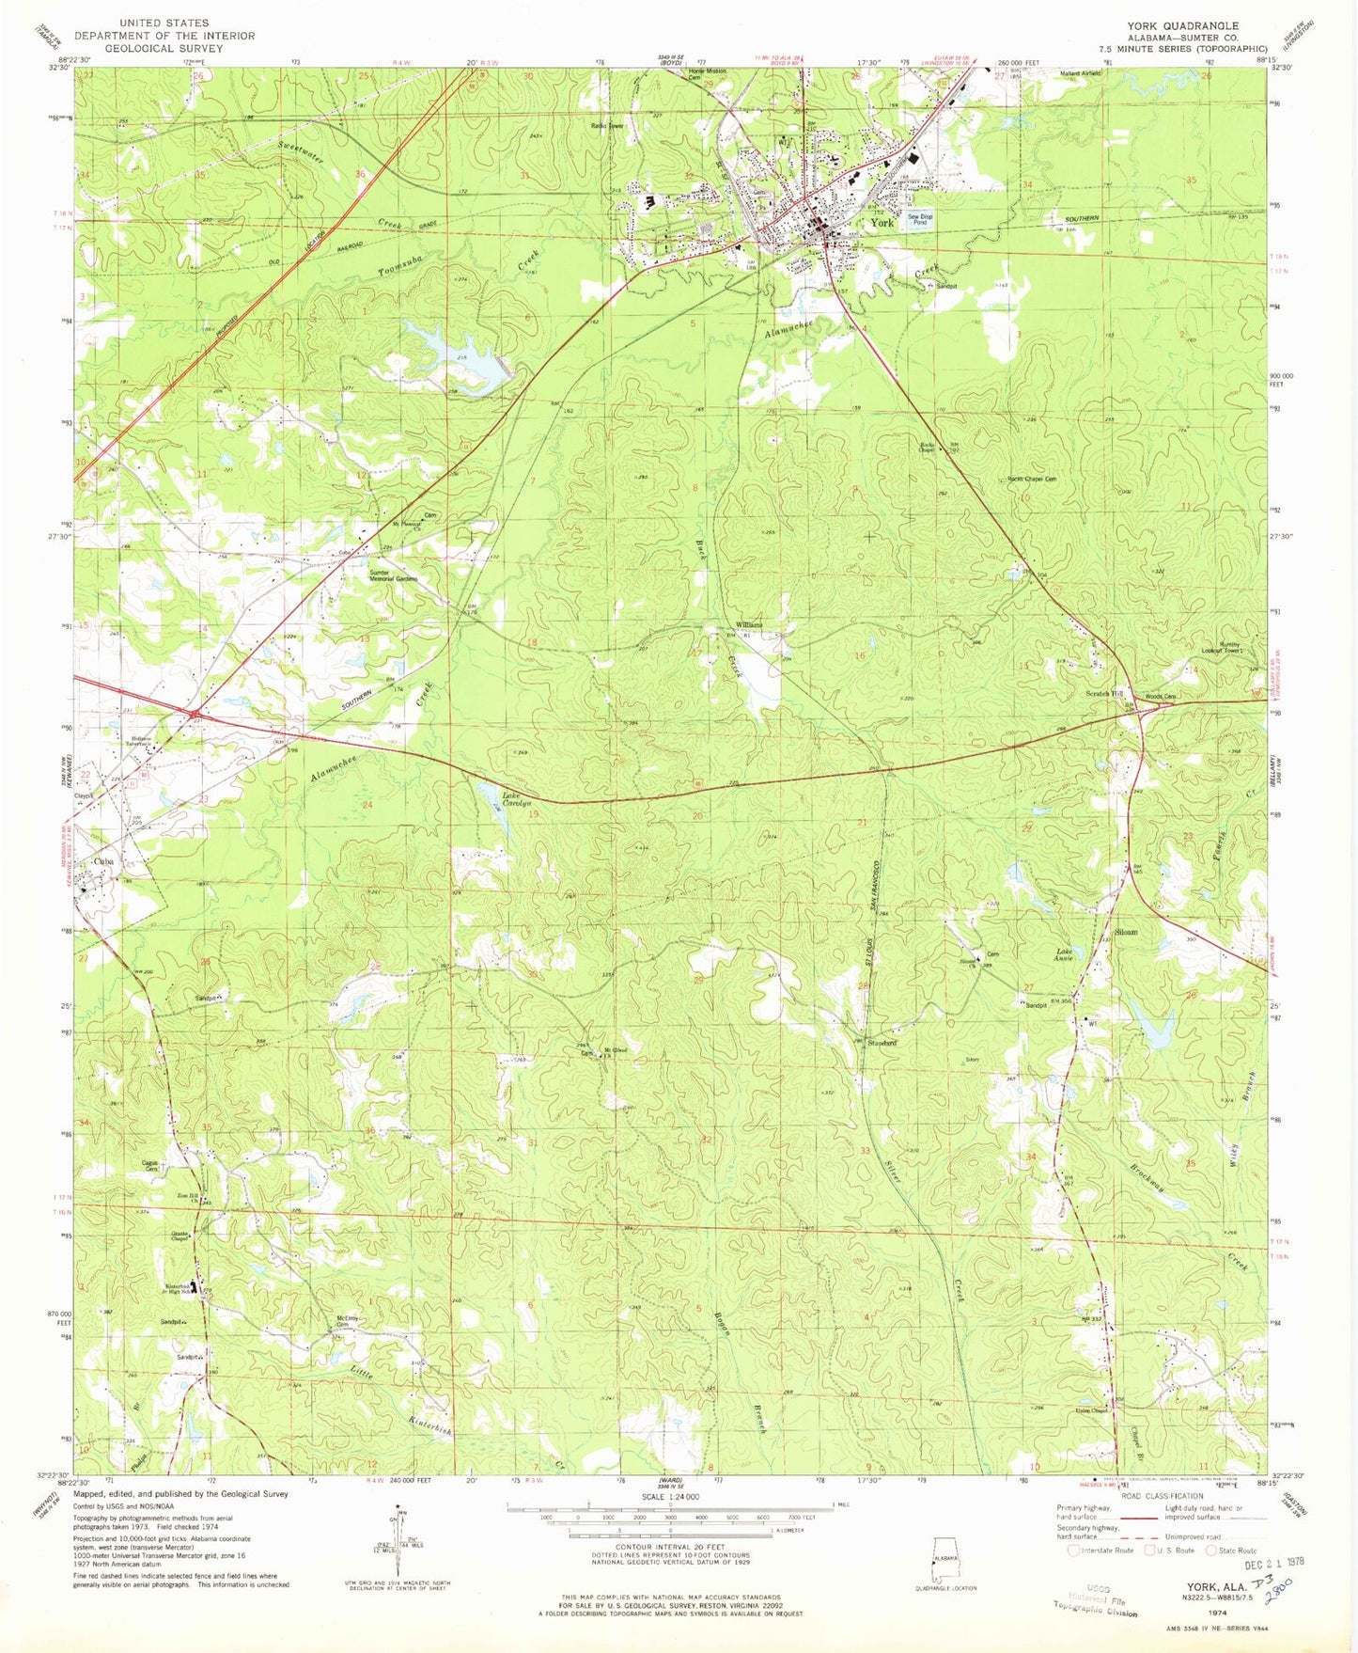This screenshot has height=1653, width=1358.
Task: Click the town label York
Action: coord(882,224)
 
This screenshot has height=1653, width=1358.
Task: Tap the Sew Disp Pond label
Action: coord(919,219)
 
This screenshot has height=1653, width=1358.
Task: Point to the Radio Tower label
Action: coord(607,126)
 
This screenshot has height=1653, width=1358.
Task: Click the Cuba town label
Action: coord(103,861)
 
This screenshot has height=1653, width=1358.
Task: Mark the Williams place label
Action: coord(749,625)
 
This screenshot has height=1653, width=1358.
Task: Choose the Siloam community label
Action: coord(1125,933)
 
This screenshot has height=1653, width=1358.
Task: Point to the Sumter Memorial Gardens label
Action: coord(393,575)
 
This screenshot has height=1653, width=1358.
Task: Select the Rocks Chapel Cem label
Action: coord(1031,480)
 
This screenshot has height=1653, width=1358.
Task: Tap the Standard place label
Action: coord(882,1043)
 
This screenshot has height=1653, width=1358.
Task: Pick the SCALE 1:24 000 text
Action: coord(669,1497)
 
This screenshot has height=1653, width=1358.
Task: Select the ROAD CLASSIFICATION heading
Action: coord(1162,1495)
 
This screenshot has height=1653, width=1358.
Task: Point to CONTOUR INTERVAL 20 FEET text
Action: coord(669,1546)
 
